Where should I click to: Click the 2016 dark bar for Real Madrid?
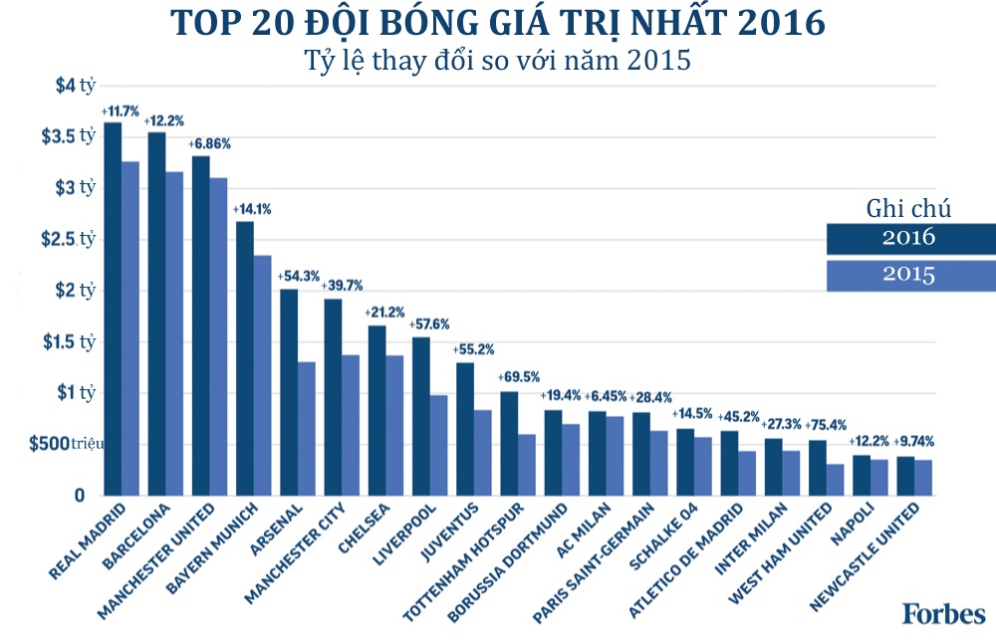coord(113,309)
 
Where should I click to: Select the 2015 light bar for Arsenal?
coord(307,428)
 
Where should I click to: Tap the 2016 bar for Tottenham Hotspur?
coord(509,443)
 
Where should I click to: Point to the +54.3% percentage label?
coord(298,275)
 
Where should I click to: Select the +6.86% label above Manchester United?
coord(209,143)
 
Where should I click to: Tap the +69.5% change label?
coord(518,378)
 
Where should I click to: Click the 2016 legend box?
coord(908,239)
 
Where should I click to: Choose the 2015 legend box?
coord(908,276)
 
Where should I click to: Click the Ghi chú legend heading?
coord(908,209)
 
